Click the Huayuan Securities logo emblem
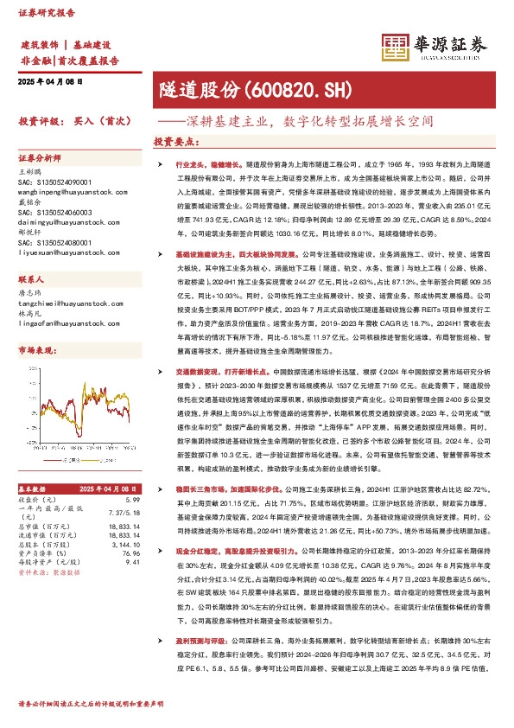[395, 46]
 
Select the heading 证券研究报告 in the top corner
[41, 14]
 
